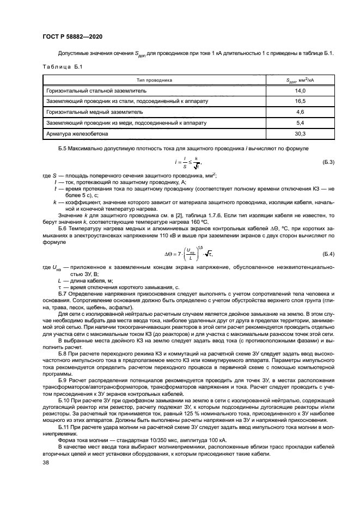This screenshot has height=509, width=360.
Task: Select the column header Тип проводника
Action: (x=154, y=79)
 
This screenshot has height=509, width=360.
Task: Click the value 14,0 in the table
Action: (x=300, y=90)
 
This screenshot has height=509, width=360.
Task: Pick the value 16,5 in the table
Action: (x=300, y=101)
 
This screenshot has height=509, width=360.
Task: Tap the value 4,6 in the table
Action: (x=300, y=112)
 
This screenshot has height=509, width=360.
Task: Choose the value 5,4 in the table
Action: (x=300, y=122)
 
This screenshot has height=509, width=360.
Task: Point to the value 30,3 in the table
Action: (x=300, y=133)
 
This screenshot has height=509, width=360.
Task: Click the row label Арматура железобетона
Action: (x=78, y=133)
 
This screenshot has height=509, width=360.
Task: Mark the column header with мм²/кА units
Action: (x=300, y=79)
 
